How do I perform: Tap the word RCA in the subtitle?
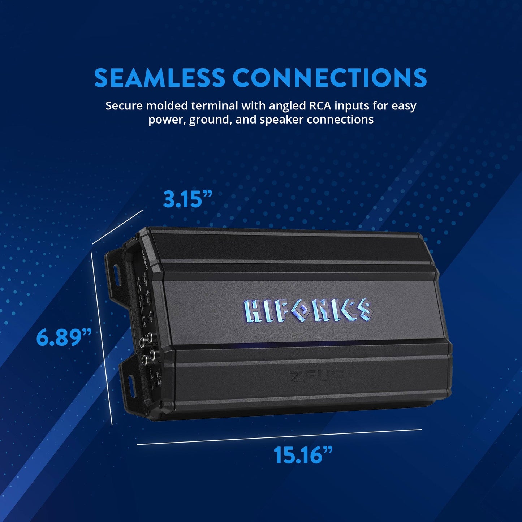point(320,106)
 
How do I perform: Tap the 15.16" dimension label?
point(303,455)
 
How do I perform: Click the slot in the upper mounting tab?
point(117,274)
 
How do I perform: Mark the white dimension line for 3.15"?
point(117,228)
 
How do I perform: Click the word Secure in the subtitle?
point(124,106)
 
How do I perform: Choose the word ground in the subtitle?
point(209,120)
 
